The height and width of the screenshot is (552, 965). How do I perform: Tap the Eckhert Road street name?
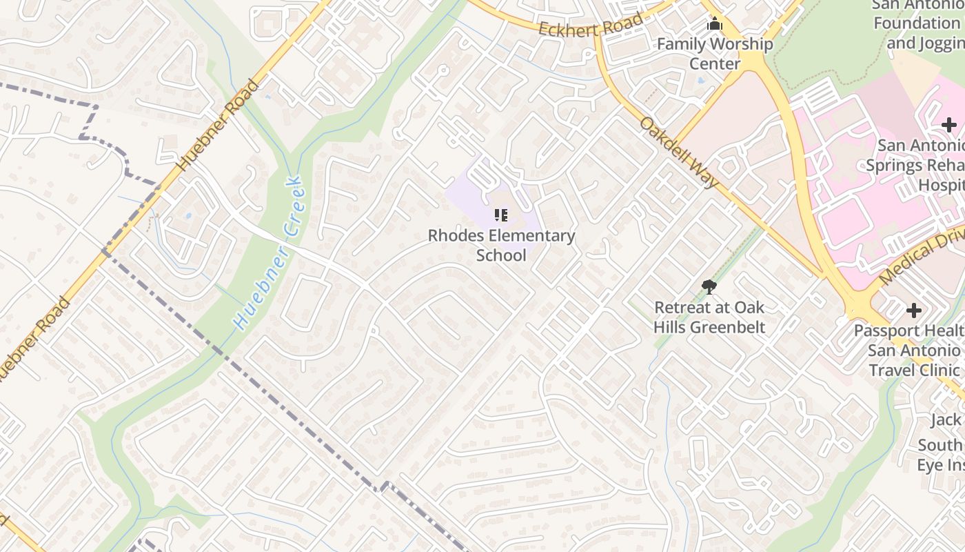591,24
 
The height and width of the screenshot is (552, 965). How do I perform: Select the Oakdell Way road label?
679,152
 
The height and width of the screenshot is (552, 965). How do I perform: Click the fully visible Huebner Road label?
219,126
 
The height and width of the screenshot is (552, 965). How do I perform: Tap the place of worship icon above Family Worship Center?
715,25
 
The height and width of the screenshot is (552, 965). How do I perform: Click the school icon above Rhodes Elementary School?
501,215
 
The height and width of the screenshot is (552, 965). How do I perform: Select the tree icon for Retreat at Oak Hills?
709,287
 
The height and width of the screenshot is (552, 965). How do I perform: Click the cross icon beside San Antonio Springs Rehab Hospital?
949,125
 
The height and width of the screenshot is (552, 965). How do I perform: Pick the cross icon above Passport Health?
914,310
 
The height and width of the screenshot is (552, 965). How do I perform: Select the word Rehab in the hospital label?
944,166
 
